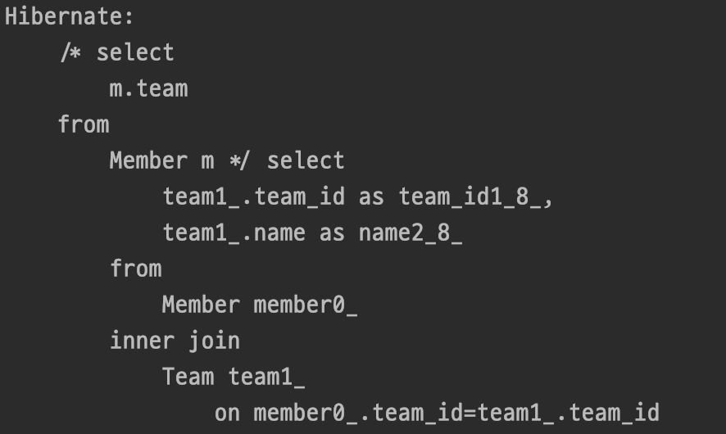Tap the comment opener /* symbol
(x=70, y=52)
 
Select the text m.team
(x=148, y=88)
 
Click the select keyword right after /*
(x=135, y=52)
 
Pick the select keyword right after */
(x=306, y=160)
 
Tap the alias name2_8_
(x=411, y=233)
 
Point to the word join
(x=214, y=341)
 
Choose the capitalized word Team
(x=188, y=377)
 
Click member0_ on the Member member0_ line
(x=306, y=305)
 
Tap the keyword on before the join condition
(x=227, y=413)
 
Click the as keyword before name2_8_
(x=332, y=233)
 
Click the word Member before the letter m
(x=148, y=160)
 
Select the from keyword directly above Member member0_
(x=135, y=269)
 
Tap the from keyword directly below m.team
(x=84, y=124)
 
